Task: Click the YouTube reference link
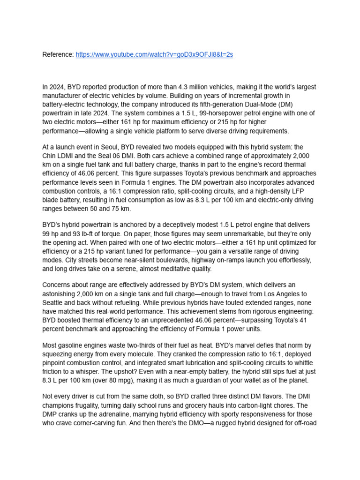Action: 154,55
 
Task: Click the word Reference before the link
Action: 58,55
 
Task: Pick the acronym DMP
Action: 51,414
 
